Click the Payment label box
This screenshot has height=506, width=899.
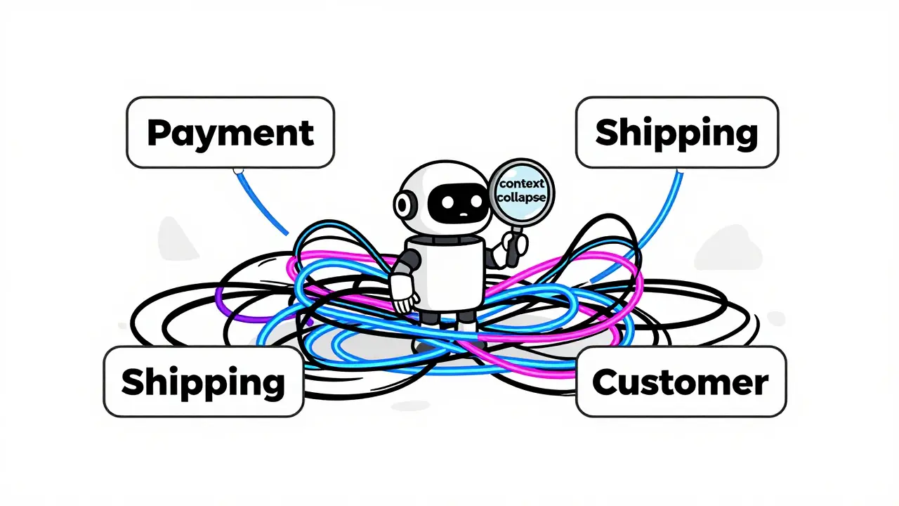click(230, 132)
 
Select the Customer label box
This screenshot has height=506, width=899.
click(681, 382)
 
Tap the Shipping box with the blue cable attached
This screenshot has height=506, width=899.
click(676, 132)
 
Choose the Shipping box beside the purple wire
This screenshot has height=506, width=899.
click(203, 382)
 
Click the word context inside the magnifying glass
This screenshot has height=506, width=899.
click(522, 184)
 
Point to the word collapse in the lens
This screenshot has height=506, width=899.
click(521, 197)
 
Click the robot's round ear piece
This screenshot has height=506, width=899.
click(402, 205)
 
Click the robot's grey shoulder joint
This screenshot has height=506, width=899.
click(411, 261)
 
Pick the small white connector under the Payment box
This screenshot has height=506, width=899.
click(237, 170)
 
